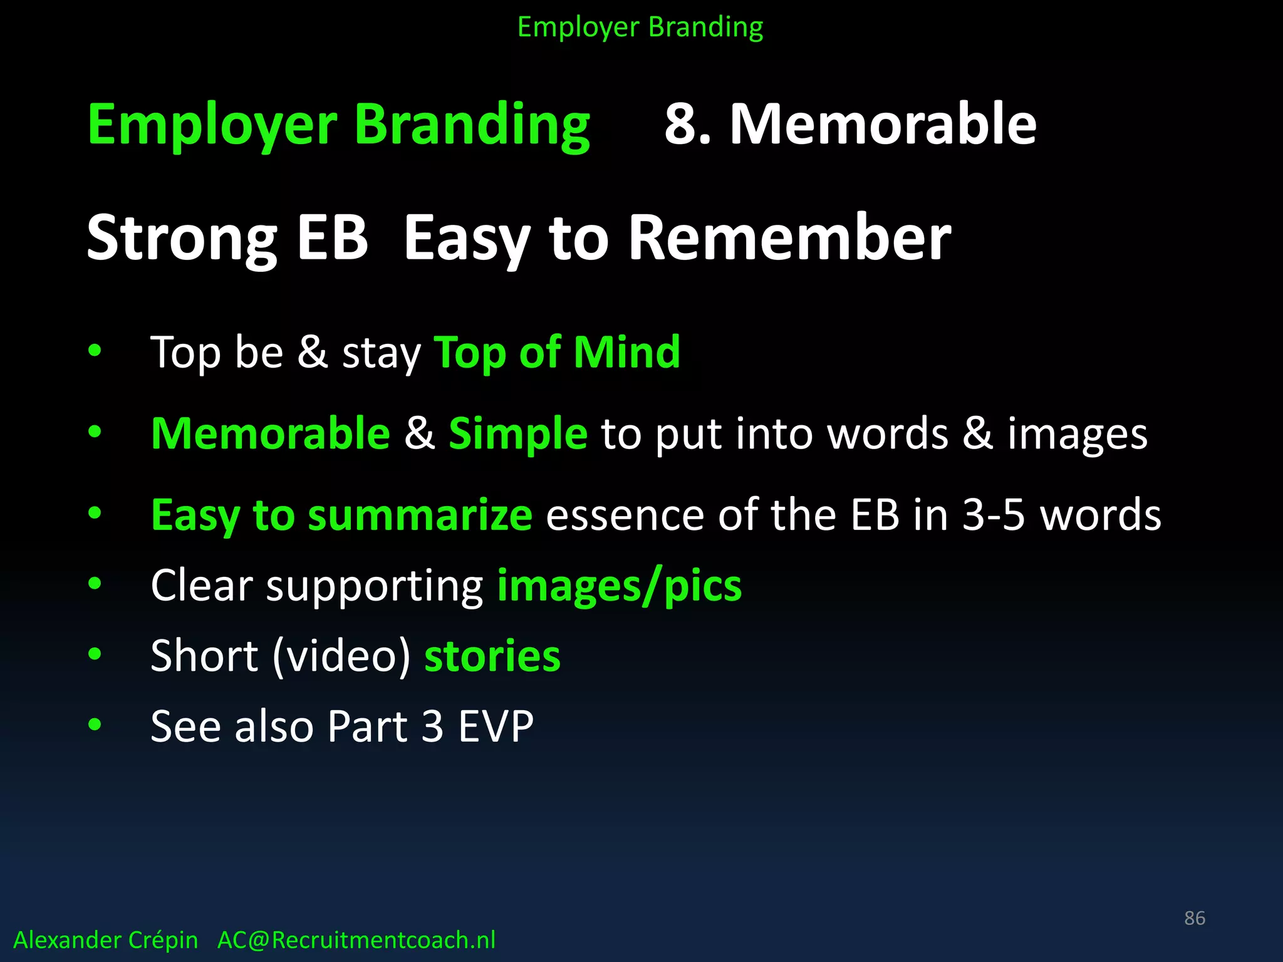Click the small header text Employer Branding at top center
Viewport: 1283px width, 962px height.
coord(640,28)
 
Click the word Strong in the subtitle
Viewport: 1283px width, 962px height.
coord(182,238)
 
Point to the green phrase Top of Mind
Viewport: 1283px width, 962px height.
coord(557,352)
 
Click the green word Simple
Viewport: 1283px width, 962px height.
coord(518,433)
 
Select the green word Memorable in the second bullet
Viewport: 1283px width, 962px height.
coord(271,433)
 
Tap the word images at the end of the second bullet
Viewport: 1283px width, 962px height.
coord(1077,433)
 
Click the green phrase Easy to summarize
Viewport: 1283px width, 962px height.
coord(342,515)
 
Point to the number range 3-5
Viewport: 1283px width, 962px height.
coord(993,515)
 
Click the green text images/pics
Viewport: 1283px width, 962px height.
coord(619,586)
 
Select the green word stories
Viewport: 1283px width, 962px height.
coord(492,656)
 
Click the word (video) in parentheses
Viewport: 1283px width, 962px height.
coord(342,656)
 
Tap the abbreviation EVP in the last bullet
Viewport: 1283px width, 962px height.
coord(496,727)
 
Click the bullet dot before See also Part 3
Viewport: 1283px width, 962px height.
coord(95,725)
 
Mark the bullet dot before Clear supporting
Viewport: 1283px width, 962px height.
coord(95,584)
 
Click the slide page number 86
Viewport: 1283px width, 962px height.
coord(1194,918)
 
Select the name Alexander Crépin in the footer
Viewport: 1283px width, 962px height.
coord(105,940)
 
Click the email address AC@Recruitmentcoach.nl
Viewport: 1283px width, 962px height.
coord(356,940)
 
